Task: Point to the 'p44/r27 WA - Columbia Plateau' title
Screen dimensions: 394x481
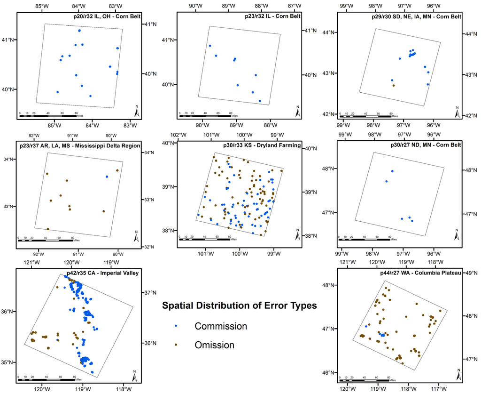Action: [419, 273]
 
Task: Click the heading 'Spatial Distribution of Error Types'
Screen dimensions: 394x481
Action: [239, 306]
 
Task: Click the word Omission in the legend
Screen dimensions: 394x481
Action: [214, 345]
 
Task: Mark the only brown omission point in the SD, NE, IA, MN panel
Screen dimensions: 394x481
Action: [394, 85]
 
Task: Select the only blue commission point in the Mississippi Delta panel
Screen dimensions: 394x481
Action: [107, 177]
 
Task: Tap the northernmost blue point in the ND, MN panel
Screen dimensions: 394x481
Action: [392, 171]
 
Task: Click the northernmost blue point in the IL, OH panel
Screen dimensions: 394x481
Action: [79, 31]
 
